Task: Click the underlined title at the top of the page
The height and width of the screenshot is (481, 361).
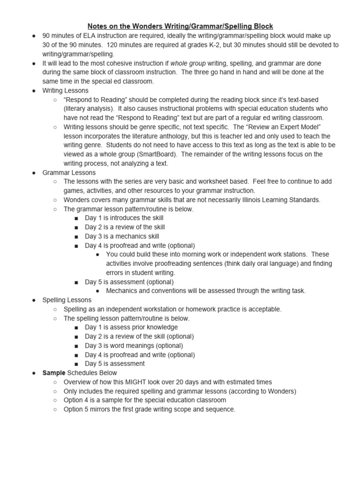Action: coord(180,26)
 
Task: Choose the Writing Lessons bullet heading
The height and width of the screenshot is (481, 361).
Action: coord(65,91)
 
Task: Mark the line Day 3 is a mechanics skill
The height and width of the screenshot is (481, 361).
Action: coord(122,237)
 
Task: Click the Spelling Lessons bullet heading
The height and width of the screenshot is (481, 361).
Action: coord(67,300)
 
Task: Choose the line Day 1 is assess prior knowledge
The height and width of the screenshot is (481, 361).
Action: coord(131,327)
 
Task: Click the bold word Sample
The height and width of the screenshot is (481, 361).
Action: coord(54,373)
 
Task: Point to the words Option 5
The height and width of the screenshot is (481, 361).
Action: coord(76,410)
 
